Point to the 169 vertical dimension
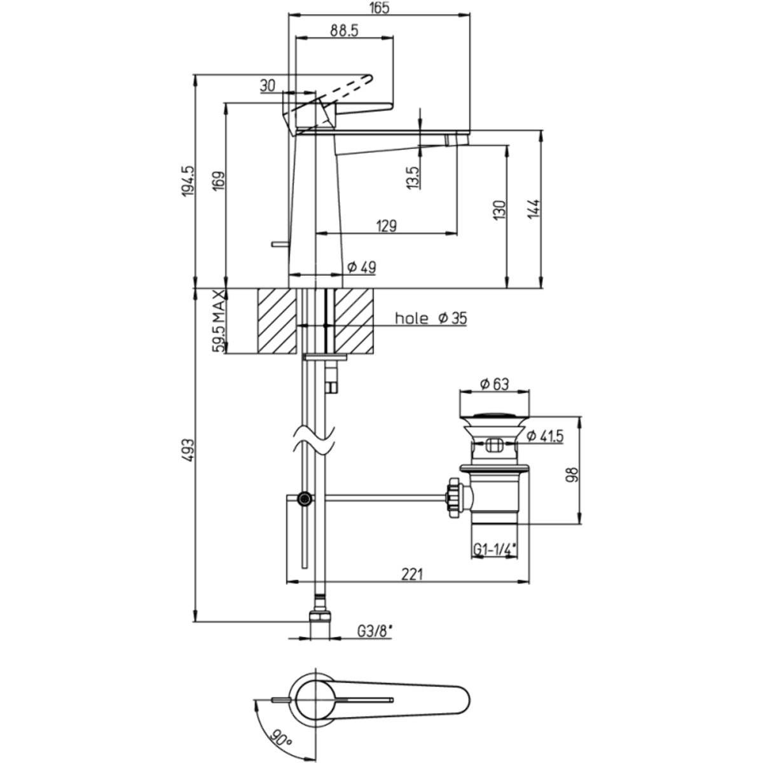(217, 184)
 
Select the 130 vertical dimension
(499, 210)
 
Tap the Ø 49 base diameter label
(362, 268)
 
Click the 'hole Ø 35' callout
(430, 319)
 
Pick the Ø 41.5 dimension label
(544, 436)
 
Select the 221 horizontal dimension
(411, 574)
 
